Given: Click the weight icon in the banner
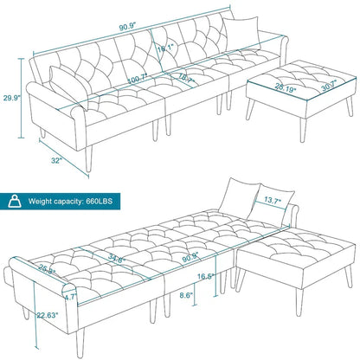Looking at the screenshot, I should [15, 201].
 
